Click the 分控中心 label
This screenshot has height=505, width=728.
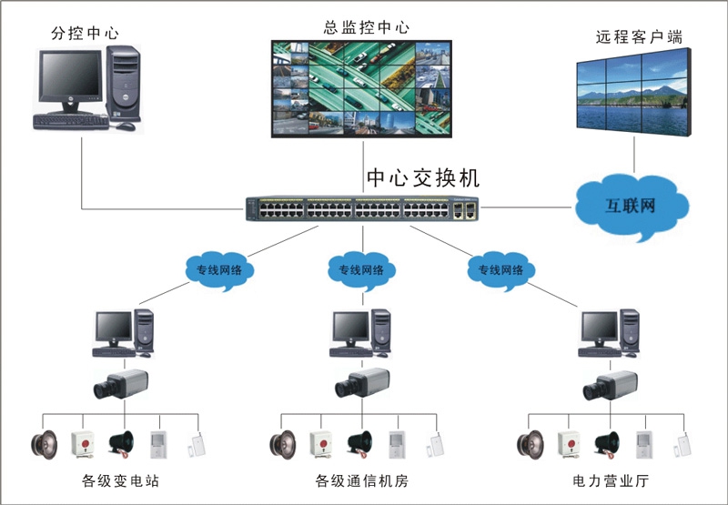(86, 34)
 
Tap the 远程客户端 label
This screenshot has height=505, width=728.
(639, 37)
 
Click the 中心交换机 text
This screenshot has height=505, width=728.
(422, 177)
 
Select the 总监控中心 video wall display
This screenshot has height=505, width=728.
(362, 87)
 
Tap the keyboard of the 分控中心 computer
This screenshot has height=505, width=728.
(70, 120)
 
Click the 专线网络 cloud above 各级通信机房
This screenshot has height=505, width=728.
(361, 270)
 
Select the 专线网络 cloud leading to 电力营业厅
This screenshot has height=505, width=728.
(501, 270)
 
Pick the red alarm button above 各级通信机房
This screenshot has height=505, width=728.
(320, 443)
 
